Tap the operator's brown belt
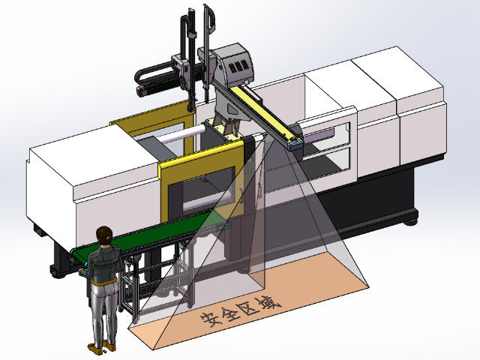pyautogui.click(x=103, y=282)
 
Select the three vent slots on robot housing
pyautogui.click(x=239, y=66)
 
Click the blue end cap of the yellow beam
pyautogui.click(x=295, y=143)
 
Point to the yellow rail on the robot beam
pyautogui.click(x=263, y=112)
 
